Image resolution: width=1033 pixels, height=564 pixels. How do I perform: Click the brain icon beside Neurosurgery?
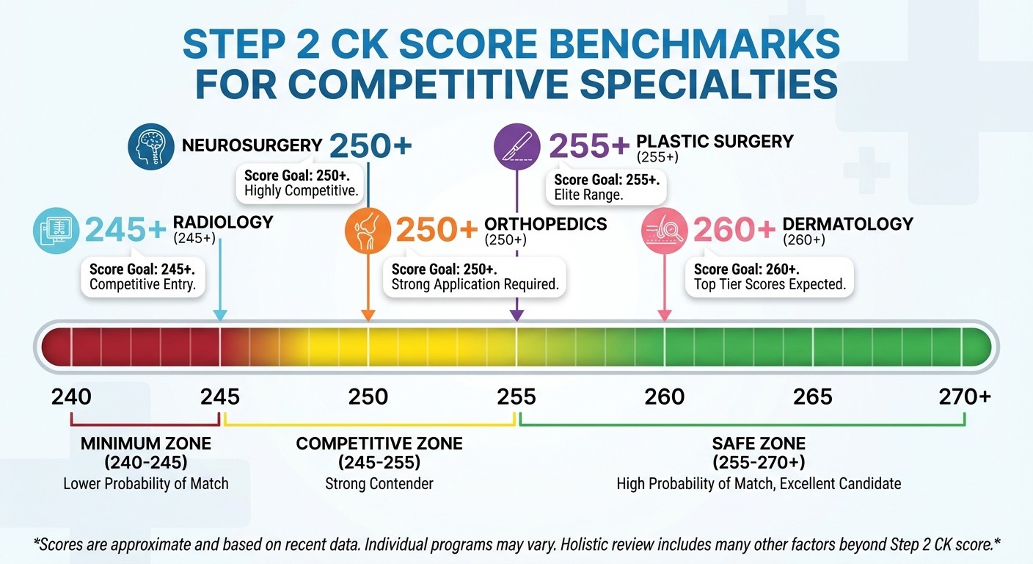(x=150, y=147)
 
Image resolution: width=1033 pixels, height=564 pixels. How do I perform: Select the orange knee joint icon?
(x=368, y=230)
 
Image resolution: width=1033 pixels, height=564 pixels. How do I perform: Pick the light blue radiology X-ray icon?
(x=56, y=231)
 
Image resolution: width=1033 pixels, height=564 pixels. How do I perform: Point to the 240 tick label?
(x=71, y=397)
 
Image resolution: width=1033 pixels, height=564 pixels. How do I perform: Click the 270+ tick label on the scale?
(x=965, y=397)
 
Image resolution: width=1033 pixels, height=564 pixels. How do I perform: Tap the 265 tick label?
(x=813, y=397)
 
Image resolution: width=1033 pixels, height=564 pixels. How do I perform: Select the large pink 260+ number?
(x=734, y=231)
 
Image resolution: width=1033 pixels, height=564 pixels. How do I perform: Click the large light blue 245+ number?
(x=126, y=231)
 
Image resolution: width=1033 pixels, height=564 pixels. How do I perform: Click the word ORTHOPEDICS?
(x=546, y=224)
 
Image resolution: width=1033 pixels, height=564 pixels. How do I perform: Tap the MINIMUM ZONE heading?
(x=145, y=444)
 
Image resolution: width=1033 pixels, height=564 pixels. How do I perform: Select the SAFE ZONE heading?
(x=759, y=444)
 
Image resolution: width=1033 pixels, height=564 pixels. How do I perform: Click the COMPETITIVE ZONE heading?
(x=379, y=444)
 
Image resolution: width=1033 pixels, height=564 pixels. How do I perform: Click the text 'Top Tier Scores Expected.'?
(x=770, y=285)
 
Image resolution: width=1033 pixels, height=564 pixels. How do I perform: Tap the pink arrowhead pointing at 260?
(x=665, y=315)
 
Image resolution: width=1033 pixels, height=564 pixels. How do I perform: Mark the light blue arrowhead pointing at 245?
(x=220, y=315)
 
